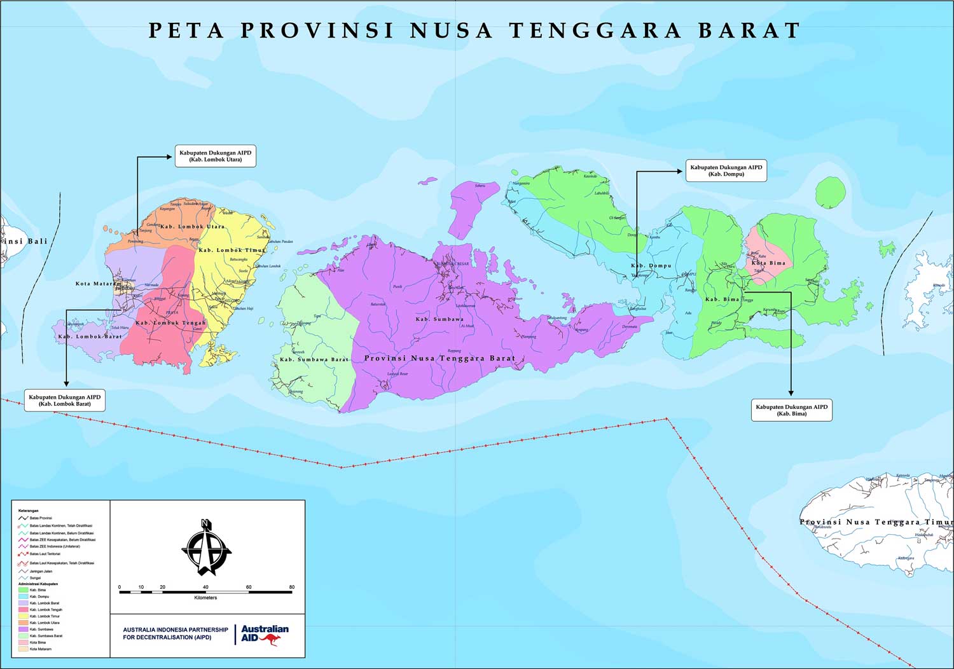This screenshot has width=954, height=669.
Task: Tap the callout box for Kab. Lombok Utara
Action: tap(215, 156)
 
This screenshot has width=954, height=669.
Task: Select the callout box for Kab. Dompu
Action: tap(726, 170)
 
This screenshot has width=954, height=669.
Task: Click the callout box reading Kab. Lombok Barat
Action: tap(64, 400)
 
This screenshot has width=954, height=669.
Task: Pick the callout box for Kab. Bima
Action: tap(791, 410)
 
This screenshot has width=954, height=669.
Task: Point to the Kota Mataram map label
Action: tap(98, 284)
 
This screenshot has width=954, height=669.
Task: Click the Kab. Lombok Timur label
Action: tap(232, 251)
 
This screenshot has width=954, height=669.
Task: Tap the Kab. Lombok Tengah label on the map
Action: tap(170, 323)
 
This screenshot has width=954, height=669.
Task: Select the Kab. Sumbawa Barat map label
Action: tap(314, 360)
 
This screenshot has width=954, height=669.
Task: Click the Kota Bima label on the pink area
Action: tap(768, 263)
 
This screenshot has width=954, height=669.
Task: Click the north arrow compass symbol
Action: tap(206, 548)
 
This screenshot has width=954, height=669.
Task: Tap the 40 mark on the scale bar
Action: tap(205, 587)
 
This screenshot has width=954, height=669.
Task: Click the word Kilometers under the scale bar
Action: tap(205, 598)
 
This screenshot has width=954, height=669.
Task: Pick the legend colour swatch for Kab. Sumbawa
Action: tap(23, 630)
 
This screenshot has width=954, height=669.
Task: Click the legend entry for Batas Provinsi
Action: tap(41, 518)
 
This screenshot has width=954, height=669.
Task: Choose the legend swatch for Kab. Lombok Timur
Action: tap(23, 616)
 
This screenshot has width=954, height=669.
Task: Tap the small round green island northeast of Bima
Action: tap(830, 193)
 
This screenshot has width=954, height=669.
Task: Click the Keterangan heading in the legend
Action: tap(28, 511)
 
